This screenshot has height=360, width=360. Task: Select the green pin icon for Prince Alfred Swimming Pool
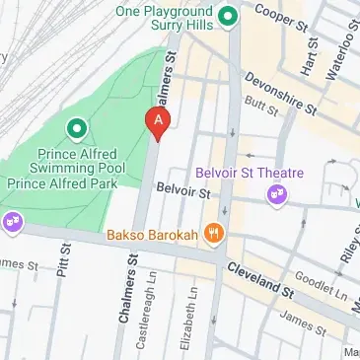(x=75, y=128)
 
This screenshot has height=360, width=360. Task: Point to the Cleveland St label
(x=259, y=279)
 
